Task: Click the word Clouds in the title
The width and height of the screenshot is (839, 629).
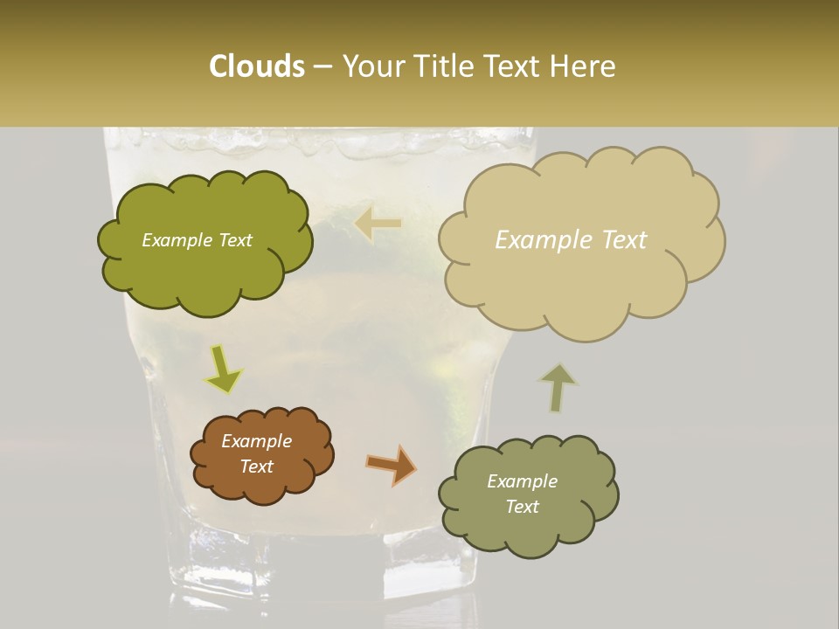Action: click(x=256, y=66)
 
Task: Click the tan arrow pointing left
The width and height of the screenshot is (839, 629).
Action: click(x=378, y=225)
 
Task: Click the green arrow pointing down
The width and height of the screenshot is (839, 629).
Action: click(x=223, y=370)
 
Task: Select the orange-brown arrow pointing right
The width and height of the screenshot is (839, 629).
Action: click(x=392, y=464)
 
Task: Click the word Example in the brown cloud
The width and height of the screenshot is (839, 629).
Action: click(x=256, y=441)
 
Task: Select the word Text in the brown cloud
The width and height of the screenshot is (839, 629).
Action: click(x=256, y=467)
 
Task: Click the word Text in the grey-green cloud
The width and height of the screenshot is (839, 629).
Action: click(x=522, y=507)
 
